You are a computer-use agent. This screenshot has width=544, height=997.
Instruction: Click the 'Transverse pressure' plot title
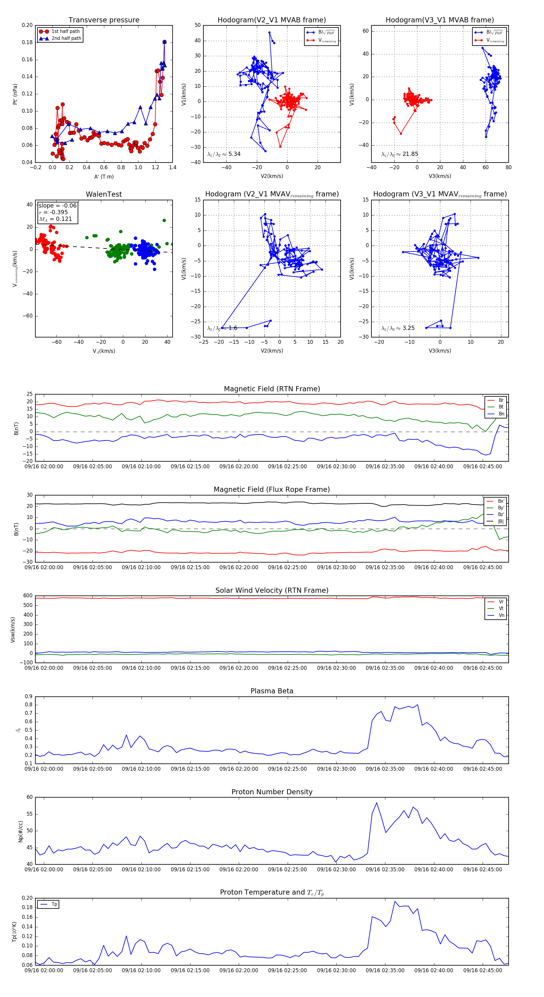[104, 20]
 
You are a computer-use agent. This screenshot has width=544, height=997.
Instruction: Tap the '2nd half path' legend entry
[66, 38]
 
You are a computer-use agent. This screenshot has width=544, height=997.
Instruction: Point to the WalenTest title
[104, 194]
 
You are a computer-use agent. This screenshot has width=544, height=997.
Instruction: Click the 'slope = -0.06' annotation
[57, 205]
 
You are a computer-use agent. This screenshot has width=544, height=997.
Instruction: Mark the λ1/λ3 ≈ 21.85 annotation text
[399, 154]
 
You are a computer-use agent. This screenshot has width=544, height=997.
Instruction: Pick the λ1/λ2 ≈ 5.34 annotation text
[224, 154]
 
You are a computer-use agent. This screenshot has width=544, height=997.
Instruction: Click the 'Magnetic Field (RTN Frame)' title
[272, 389]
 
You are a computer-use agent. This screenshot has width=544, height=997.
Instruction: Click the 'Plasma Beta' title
[272, 691]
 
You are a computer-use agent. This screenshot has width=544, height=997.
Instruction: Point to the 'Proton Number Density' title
[272, 792]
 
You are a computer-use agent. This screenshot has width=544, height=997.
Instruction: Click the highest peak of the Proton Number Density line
[377, 803]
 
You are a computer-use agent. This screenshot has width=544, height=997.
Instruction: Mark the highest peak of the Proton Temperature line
[395, 902]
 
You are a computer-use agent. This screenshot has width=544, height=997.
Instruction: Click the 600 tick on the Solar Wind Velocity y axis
[28, 596]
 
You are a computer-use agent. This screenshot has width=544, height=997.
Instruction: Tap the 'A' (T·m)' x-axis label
[104, 176]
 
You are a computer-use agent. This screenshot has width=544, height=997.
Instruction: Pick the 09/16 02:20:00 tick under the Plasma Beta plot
[238, 769]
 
